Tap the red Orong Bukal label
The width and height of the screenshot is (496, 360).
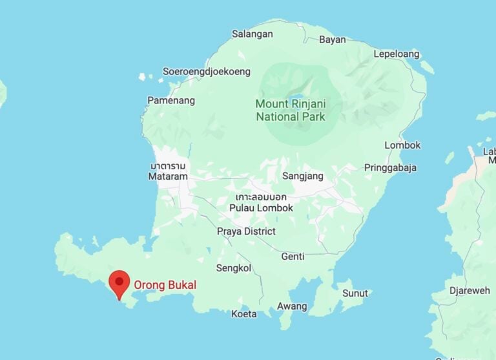[x=165, y=284]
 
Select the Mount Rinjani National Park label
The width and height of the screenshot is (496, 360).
[x=290, y=111]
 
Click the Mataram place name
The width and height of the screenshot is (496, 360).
[x=168, y=176]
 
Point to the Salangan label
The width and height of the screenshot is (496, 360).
[x=252, y=34]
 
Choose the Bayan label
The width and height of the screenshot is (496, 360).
[x=333, y=39]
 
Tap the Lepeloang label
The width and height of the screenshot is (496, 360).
[x=397, y=54]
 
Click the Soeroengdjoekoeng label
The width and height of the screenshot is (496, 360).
[x=207, y=72]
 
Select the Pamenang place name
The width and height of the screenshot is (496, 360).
[x=171, y=100]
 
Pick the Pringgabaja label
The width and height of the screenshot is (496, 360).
[x=390, y=168]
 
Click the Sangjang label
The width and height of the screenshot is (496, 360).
[x=303, y=176]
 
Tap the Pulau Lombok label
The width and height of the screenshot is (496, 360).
[x=261, y=208]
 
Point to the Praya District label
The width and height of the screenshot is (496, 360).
[x=246, y=231]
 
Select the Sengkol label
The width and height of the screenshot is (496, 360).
[x=233, y=268]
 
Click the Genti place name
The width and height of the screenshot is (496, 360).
[x=293, y=257]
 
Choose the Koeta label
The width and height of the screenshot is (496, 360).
[x=244, y=314]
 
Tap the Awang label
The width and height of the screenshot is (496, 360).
[x=292, y=306]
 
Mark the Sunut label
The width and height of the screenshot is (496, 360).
[x=355, y=293]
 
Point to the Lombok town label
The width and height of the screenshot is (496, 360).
[x=402, y=145]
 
